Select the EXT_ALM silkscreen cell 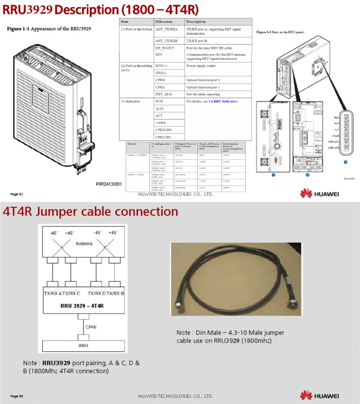tap(162, 94)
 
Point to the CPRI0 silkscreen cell tap(160, 80)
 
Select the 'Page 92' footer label tap(17, 194)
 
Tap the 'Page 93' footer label tap(17, 396)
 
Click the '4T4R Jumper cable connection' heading tap(90, 211)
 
